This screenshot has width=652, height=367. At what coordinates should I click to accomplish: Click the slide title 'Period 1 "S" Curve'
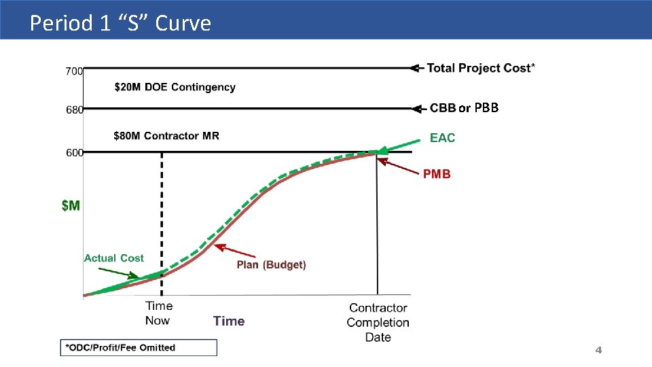click(121, 23)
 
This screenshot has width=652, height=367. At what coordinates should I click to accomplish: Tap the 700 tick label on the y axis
click(74, 70)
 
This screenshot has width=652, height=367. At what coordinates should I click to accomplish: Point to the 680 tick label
click(74, 110)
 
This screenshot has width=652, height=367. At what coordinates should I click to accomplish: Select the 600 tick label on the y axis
click(74, 153)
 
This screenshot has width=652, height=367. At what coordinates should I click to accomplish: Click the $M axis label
click(71, 205)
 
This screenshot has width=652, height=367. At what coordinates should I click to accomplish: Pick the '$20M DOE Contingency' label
click(175, 87)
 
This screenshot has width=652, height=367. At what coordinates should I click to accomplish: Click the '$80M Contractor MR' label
click(166, 136)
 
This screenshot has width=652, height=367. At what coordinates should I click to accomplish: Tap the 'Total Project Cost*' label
click(480, 68)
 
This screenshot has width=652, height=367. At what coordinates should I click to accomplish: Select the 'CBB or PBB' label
click(464, 108)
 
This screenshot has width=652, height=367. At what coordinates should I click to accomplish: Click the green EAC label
click(442, 138)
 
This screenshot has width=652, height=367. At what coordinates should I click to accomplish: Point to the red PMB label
click(437, 174)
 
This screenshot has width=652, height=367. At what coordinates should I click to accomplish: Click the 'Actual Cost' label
click(113, 258)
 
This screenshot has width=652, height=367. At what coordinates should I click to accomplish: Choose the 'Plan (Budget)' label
click(271, 265)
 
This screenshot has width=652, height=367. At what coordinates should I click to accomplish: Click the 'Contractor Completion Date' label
click(378, 322)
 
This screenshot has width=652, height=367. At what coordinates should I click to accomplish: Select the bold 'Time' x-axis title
click(229, 321)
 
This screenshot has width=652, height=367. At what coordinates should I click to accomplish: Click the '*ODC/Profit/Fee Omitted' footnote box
click(139, 348)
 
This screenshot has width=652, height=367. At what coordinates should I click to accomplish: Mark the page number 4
click(598, 350)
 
